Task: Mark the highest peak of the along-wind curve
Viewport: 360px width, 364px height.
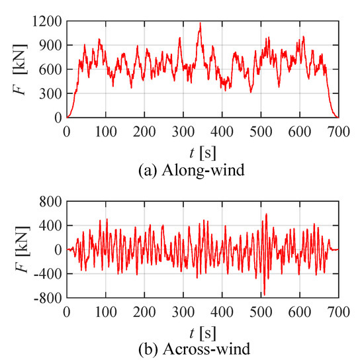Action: (x=201, y=23)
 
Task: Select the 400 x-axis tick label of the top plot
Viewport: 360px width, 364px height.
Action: (x=221, y=131)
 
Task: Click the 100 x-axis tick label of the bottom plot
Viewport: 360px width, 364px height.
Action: (x=105, y=311)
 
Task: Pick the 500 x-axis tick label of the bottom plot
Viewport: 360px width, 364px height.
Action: (x=260, y=311)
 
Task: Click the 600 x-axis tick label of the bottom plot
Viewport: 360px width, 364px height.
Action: (x=299, y=311)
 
